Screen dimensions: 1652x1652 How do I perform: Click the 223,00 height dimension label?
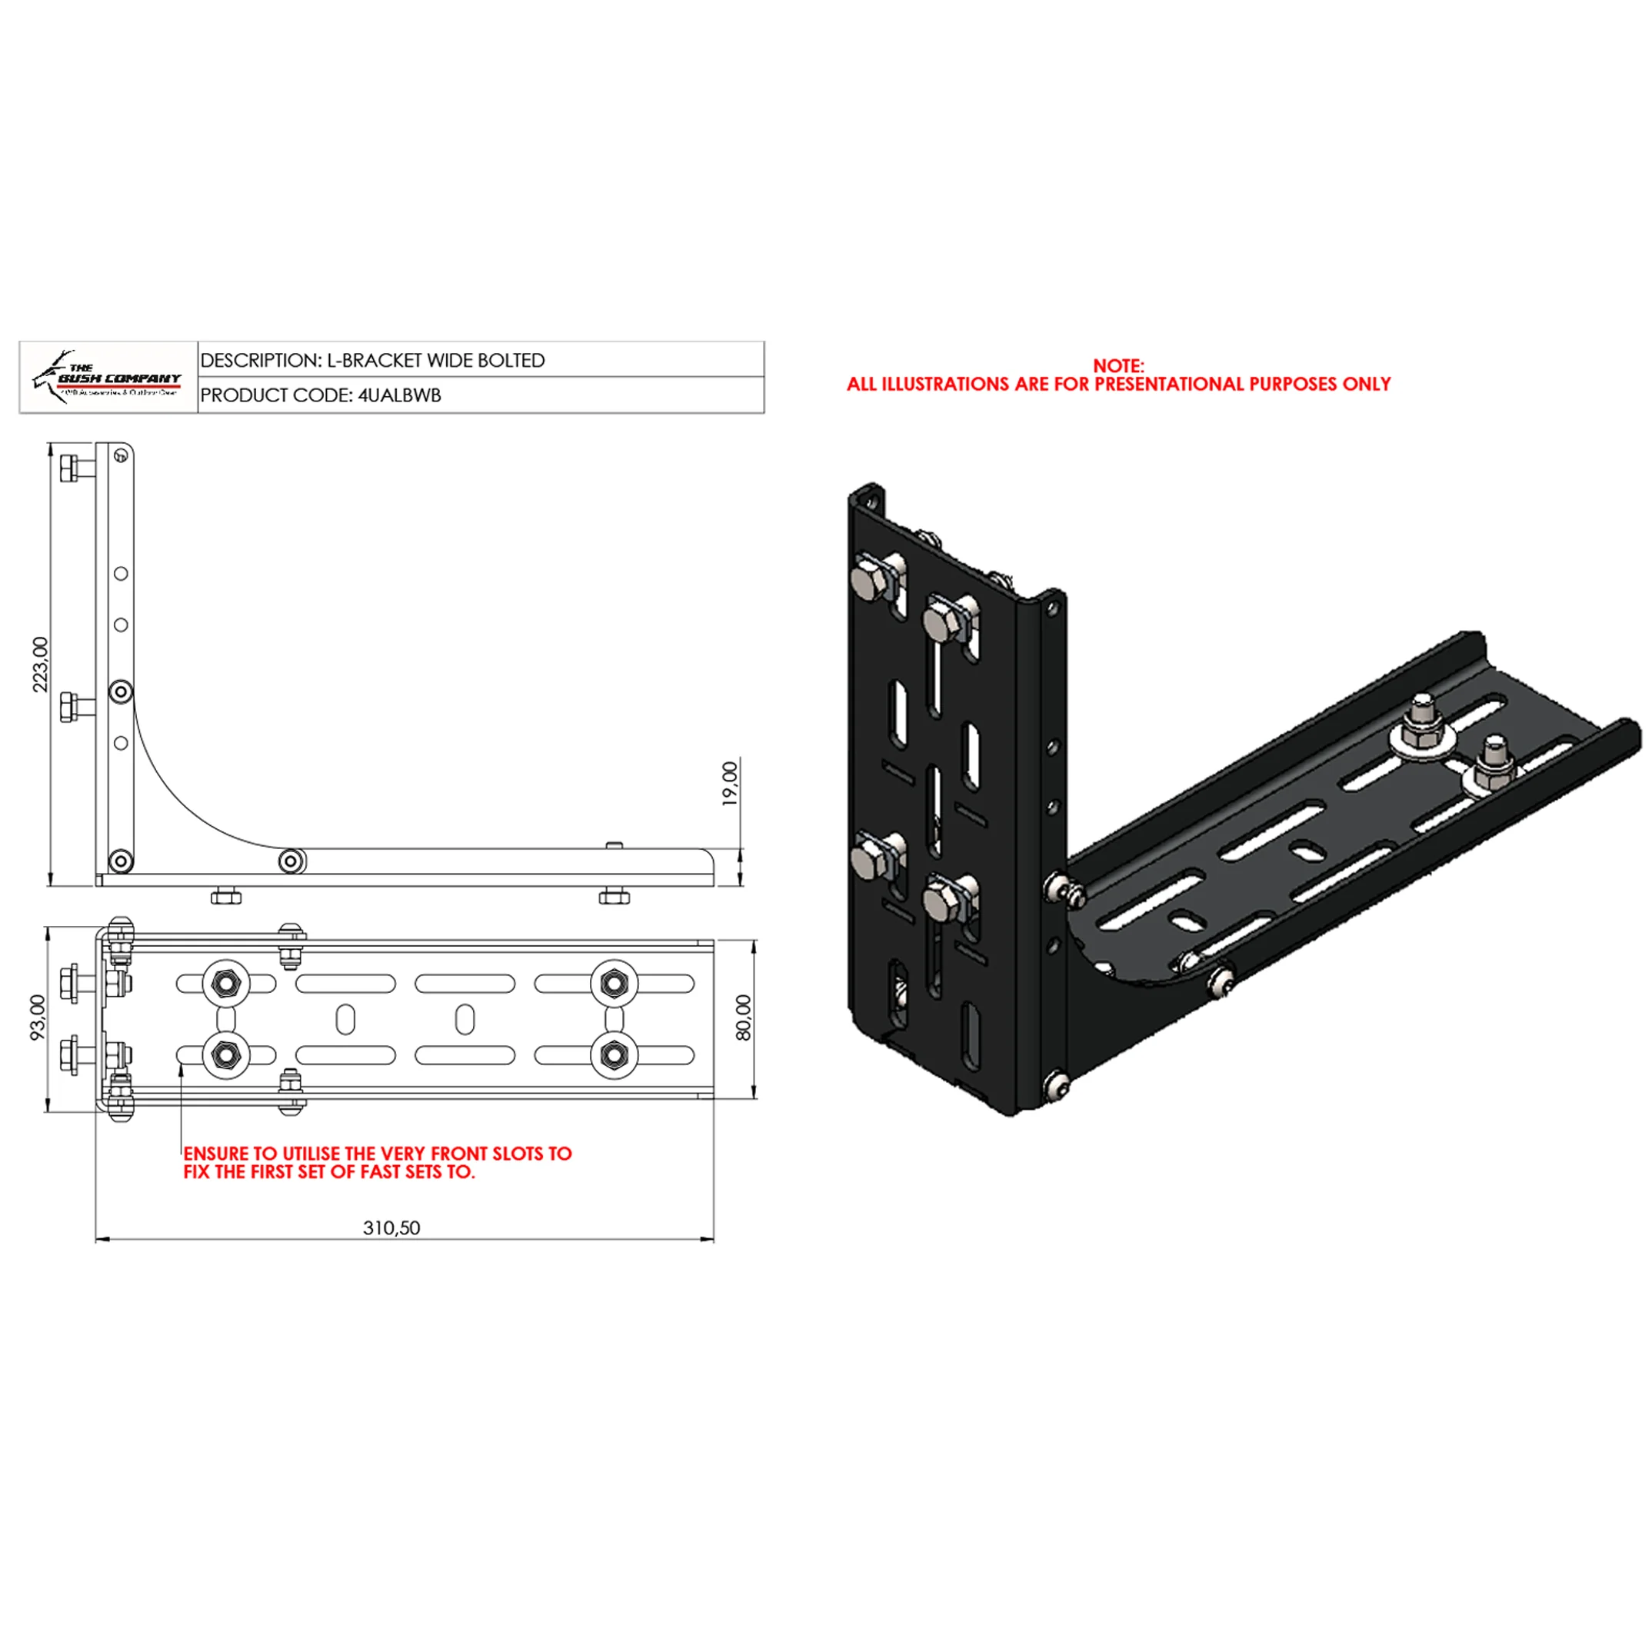(40, 664)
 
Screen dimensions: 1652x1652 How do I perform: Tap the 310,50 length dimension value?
(391, 1228)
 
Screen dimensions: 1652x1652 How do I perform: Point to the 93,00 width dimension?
(38, 1018)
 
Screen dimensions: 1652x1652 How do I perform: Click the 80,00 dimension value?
(743, 1018)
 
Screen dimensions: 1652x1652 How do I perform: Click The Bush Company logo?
(108, 377)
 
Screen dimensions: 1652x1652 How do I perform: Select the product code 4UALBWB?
(399, 396)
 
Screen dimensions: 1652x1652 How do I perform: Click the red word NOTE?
(1117, 366)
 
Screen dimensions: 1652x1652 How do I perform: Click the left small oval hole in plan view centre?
(345, 1019)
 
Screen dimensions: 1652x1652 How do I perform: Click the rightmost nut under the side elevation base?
(614, 896)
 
